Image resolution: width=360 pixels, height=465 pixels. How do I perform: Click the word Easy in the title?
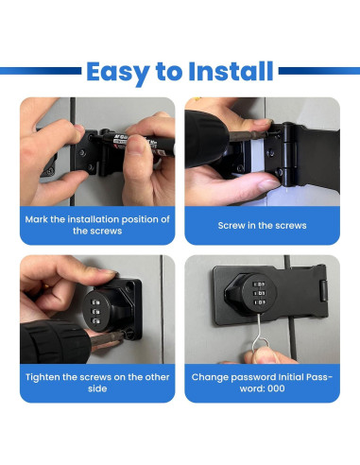118,73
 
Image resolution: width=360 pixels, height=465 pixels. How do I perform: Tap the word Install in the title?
231,71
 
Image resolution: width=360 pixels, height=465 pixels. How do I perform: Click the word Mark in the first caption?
36,219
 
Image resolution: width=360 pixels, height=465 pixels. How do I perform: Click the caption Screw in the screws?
262,226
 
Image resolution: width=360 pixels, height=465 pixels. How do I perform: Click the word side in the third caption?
97,388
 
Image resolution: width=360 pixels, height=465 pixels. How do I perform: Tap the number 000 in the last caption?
276,388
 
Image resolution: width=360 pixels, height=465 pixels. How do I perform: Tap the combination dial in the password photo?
259,293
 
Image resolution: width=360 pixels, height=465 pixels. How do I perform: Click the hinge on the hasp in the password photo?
323,290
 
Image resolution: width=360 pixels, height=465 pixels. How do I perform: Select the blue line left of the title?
41,71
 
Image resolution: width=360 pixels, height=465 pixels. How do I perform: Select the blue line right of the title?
319,71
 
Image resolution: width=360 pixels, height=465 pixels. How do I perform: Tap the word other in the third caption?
157,377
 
